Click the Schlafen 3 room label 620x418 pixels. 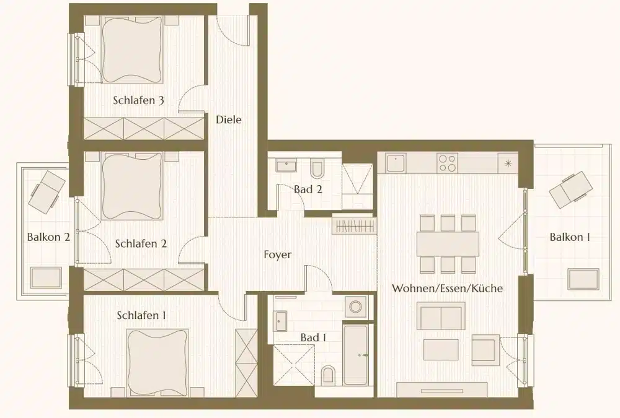[x=138, y=100]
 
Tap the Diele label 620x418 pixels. [x=228, y=120]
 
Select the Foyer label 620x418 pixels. [x=277, y=255]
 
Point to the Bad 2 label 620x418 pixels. [x=308, y=189]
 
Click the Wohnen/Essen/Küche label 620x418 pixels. [x=447, y=289]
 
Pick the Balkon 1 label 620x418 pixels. [x=569, y=237]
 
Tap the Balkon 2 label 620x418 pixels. [x=48, y=237]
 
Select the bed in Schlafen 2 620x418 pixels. [x=131, y=186]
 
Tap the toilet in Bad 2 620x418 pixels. [x=317, y=168]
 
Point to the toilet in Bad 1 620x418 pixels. [x=329, y=374]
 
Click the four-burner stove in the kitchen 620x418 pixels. [x=448, y=163]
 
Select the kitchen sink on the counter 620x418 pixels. [x=396, y=163]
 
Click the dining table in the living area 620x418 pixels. [x=448, y=243]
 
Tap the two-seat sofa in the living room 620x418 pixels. [x=441, y=316]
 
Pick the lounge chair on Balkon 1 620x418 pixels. [x=569, y=189]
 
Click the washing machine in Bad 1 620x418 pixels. [x=356, y=307]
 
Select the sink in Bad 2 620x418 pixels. [x=285, y=166]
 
